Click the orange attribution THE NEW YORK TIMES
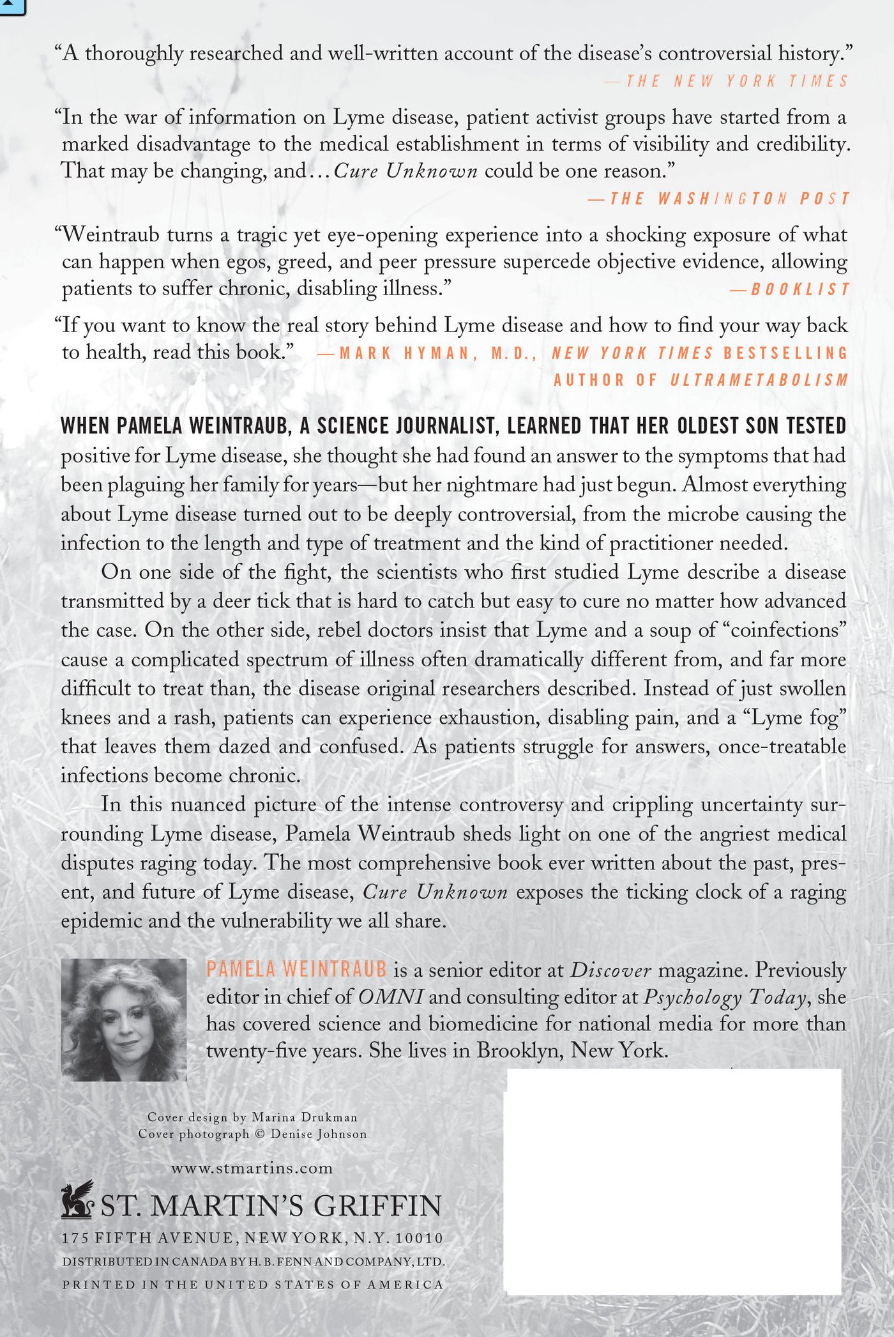coord(736,81)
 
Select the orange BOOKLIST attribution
coord(799,289)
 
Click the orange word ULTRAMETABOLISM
coord(759,380)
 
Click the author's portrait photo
coord(124,1020)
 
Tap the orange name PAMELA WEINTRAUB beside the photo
coord(296,970)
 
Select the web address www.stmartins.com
coord(252,1168)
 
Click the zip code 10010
coord(420,1238)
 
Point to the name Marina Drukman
coord(305,1117)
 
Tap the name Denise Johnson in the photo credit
coord(319,1135)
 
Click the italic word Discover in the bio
coord(610,970)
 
